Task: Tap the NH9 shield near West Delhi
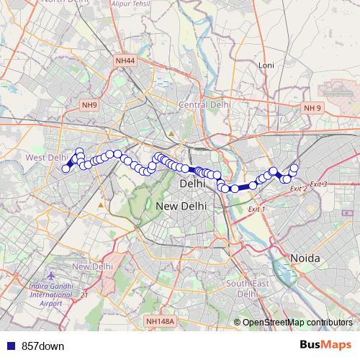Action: click(89, 105)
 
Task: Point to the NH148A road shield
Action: click(159, 320)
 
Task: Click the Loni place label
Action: click(266, 66)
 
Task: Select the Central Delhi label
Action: click(204, 104)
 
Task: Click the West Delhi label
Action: click(46, 157)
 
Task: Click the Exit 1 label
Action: click(256, 209)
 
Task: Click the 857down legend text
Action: click(43, 346)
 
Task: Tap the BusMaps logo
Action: click(325, 345)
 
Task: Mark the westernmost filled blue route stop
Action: click(66, 168)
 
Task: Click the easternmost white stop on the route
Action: click(294, 168)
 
